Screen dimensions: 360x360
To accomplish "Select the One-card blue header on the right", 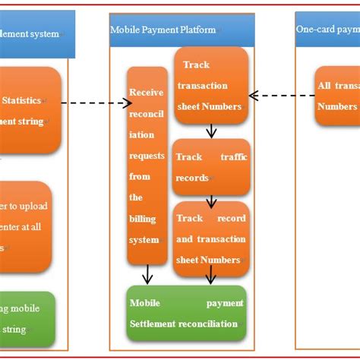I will click(327, 30).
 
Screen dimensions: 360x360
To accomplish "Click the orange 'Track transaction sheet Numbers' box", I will click(210, 85).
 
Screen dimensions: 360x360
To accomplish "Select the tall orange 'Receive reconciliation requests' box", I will click(147, 166).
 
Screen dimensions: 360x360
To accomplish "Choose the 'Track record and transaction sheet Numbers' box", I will click(210, 238).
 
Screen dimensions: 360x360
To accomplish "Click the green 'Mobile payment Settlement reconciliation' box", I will click(187, 313).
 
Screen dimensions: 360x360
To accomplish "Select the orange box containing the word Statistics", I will click(30, 110).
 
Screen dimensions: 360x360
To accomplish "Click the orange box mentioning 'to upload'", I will click(26, 226).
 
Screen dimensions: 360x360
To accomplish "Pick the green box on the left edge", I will click(27, 319).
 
